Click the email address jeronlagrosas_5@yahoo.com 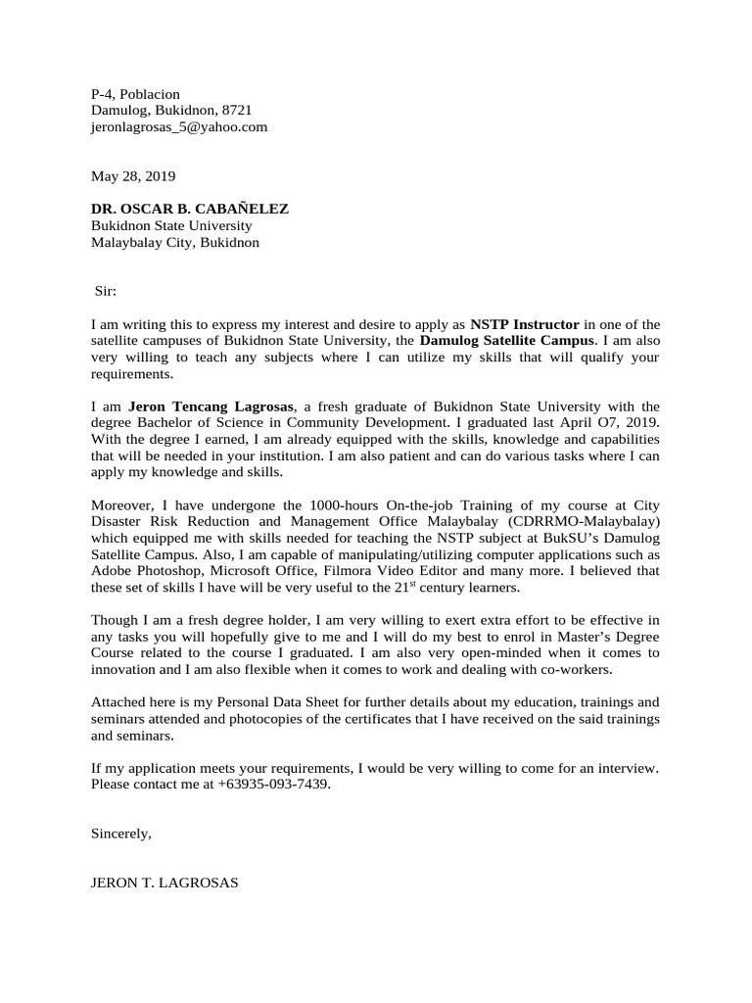(x=179, y=126)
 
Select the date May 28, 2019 (x=133, y=176)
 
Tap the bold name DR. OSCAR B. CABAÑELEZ (x=190, y=210)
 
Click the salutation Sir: (x=105, y=291)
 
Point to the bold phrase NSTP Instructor (x=525, y=324)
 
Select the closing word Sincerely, (x=121, y=835)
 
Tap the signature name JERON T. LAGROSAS (x=164, y=884)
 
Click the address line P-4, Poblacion (x=135, y=93)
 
